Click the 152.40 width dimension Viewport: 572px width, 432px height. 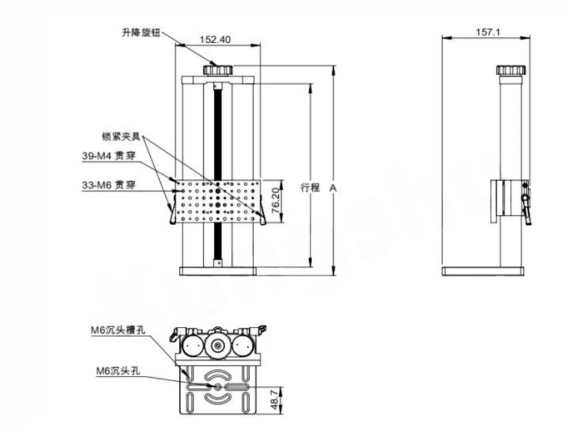[215, 40]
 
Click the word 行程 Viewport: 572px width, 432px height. [309, 187]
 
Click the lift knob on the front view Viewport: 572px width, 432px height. [217, 69]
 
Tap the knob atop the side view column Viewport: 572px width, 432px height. [511, 70]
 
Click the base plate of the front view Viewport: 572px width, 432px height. [217, 271]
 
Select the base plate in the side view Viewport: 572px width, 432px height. [483, 271]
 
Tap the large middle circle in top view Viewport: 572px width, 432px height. [217, 344]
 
